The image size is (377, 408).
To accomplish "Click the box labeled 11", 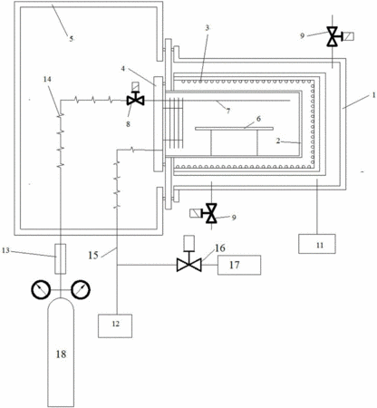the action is pos(317,244).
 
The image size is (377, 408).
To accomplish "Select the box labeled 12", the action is pos(115,325).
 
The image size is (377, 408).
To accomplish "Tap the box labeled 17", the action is pos(239,265).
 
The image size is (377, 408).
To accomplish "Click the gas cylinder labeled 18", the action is pos(61,353).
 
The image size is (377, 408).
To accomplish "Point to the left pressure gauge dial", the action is pos(41,290).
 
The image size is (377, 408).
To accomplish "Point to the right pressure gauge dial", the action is pos(81,290).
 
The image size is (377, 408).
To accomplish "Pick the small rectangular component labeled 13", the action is pos(61,258).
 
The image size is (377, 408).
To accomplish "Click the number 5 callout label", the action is pos(72,39).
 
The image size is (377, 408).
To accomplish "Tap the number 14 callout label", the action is pos(47,79).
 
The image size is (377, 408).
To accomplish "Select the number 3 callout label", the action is pos(208,28).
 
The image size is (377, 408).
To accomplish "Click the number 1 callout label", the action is pos(373,95).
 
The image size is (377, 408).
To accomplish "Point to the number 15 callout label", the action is pos(93,255).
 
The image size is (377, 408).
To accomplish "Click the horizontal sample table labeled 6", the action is pos(234,129).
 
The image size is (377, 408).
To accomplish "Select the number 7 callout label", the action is pos(228,112).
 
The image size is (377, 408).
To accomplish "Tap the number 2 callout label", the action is pos(278,141).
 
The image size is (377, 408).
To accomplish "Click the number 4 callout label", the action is pos(123,69).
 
